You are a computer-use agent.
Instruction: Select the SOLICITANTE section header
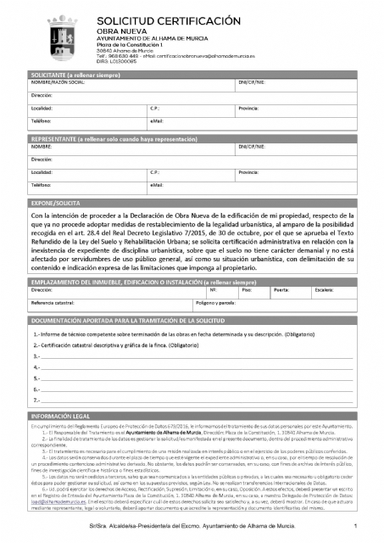point(76,76)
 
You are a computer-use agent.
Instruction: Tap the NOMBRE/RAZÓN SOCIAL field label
point(58,83)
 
